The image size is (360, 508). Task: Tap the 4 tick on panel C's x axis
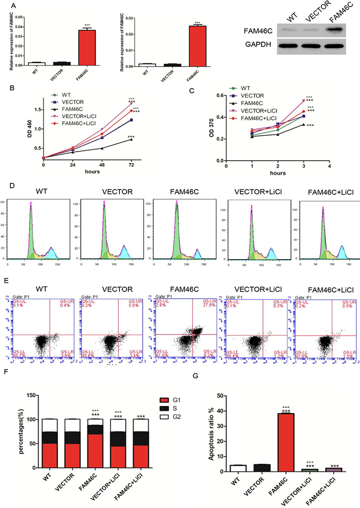tap(329, 165)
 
